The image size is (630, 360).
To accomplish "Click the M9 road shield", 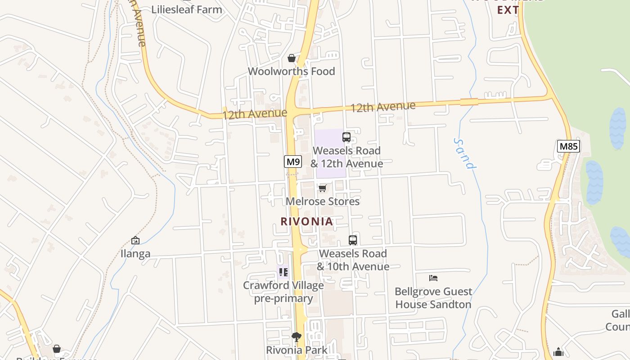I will point(292,162).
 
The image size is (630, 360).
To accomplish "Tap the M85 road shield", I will point(568,146).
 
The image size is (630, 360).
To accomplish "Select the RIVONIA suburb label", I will point(307,221).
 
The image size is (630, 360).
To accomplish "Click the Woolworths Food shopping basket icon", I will point(292,58).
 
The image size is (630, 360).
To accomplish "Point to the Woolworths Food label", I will point(292,71).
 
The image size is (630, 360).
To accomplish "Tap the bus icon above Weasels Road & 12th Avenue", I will point(346,137).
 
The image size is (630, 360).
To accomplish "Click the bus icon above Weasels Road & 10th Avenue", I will point(353,240).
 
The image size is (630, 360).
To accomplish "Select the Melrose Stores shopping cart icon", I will point(323,188).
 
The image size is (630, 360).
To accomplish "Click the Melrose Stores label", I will point(323,201).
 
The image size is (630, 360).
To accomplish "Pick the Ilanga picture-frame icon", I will point(135,240).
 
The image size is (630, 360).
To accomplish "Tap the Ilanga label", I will point(135,254).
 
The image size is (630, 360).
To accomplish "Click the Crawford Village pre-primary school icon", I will point(283,272).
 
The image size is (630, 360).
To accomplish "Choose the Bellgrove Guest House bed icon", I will point(433,278).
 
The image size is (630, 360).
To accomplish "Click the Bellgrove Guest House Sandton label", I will point(433,298).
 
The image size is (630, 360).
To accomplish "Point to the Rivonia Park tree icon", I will point(297,337).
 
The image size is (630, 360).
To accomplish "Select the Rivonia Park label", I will point(297,350).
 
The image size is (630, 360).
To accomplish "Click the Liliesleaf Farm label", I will point(187,9).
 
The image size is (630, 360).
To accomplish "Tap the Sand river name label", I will point(464,153).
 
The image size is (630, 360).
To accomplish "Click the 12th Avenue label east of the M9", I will point(382,107).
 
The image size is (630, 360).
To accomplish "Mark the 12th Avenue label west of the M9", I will point(254,114).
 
